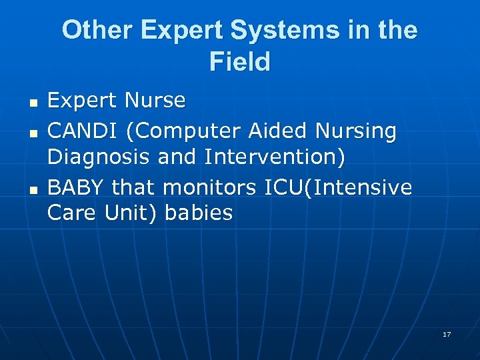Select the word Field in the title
coord(240,62)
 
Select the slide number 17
coord(447,334)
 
